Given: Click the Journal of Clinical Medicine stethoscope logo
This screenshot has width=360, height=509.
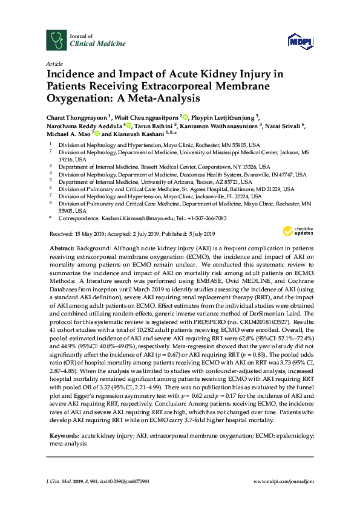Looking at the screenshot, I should click(x=57, y=40).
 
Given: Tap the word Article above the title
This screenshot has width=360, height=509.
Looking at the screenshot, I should click(x=53, y=64).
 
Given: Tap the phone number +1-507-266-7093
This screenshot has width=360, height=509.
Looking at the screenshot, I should click(x=207, y=218).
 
